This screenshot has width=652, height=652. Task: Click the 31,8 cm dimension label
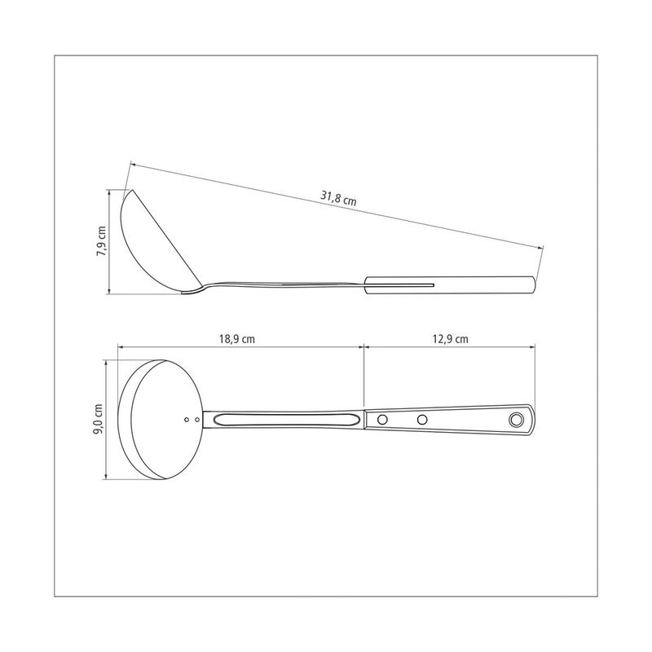click(338, 198)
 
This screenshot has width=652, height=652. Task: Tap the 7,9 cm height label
click(101, 241)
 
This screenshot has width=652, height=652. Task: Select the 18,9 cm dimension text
click(237, 339)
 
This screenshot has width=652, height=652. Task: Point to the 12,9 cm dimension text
click(451, 339)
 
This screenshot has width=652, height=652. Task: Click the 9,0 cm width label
click(99, 420)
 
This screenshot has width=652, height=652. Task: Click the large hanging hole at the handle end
click(516, 420)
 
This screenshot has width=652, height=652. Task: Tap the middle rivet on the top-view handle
click(422, 420)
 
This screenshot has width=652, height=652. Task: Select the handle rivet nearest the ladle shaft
click(382, 420)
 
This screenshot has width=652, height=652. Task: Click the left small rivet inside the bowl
click(187, 420)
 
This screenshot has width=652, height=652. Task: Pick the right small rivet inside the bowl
click(197, 420)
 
